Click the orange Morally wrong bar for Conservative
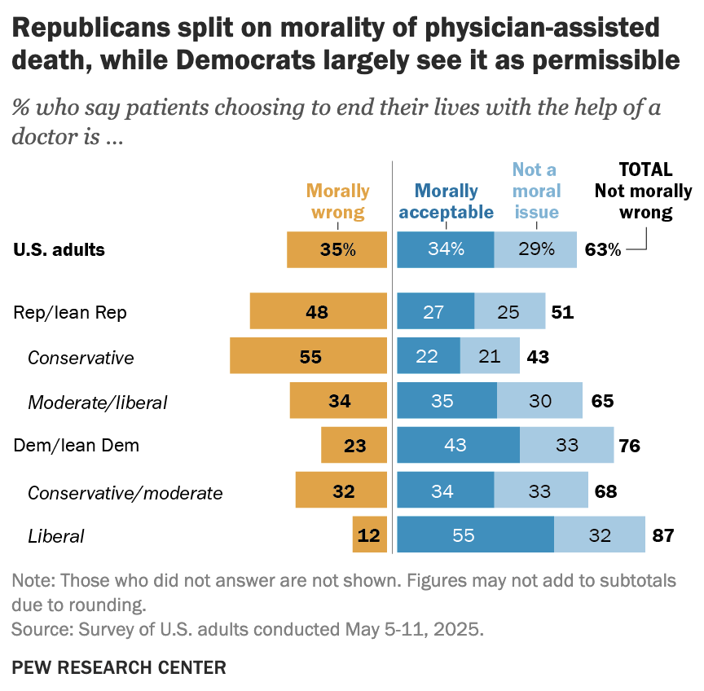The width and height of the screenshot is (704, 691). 307,357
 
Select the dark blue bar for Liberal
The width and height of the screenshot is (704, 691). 475,535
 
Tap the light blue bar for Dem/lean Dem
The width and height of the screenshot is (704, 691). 566,446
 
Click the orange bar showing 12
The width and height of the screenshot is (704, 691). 369,535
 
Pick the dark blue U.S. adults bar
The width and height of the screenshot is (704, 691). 445,249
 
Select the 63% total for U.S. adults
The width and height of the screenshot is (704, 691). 602,249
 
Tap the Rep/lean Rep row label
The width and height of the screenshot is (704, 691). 70,313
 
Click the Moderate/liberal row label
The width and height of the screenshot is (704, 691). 97,402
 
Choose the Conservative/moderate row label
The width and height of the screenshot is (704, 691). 125,492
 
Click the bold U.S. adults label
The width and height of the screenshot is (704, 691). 59,249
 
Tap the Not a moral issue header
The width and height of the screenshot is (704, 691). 536,191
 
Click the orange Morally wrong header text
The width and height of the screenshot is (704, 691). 337,201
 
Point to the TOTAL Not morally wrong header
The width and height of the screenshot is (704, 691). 643,191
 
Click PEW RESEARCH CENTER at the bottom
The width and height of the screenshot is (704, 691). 119,667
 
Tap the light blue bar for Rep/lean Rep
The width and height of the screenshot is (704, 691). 509,313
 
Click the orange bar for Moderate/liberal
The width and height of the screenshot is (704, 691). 337,402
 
